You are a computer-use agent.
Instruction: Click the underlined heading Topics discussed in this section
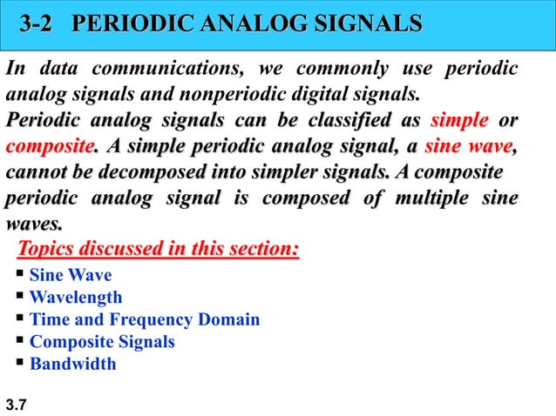coord(158,251)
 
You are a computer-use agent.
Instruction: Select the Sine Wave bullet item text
coord(71,277)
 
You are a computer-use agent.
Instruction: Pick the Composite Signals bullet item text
coord(102,342)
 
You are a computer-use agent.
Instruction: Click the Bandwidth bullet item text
coord(72,364)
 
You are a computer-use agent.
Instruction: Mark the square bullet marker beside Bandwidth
coord(20,363)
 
